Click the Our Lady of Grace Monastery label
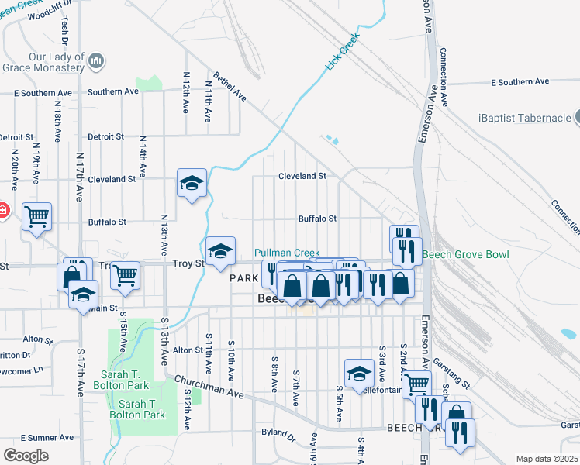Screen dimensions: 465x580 [56, 62]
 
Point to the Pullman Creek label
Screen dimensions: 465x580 [288, 253]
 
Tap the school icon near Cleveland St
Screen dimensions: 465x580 [192, 184]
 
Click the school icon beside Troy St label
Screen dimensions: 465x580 [221, 251]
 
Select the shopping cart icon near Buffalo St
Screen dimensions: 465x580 [36, 218]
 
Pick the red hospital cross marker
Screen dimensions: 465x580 [2, 210]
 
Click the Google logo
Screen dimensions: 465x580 [26, 456]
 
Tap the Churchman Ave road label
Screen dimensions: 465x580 [209, 388]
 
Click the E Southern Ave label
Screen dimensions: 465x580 [520, 81]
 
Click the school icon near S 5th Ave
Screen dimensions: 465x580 [359, 374]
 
